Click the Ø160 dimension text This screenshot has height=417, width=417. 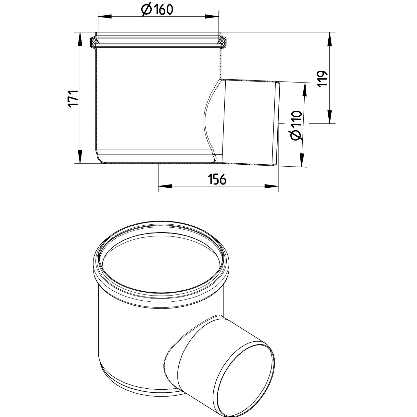(x=157, y=10)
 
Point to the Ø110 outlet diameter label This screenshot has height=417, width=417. (x=297, y=125)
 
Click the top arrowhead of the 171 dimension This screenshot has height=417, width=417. (x=80, y=39)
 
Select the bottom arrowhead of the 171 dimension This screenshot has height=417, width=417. (x=80, y=157)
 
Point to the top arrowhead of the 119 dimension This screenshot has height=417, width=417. (x=330, y=39)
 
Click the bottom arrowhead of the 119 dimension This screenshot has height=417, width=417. (x=330, y=117)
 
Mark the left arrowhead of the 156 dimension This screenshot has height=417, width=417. (x=165, y=186)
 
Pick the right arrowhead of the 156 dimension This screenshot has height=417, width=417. (x=272, y=186)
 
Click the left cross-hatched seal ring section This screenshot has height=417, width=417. (x=94, y=42)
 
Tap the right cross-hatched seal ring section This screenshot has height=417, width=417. (x=223, y=42)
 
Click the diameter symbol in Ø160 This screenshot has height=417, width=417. (x=146, y=10)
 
